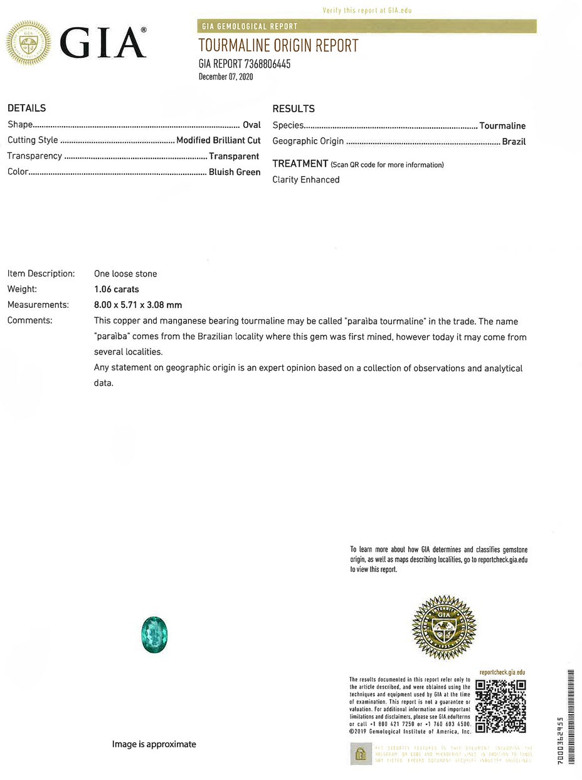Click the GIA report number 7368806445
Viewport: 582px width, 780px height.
[x=245, y=64]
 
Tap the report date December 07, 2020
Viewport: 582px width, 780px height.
[x=226, y=77]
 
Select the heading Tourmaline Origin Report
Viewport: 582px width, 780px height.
[x=278, y=46]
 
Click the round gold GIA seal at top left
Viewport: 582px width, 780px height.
[x=28, y=43]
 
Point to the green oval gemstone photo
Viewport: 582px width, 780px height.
[x=154, y=635]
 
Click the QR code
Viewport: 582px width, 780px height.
[x=500, y=706]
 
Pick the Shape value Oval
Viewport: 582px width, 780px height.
[x=251, y=125]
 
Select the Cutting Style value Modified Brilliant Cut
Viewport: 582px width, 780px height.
[x=218, y=140]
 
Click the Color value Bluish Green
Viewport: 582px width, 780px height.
[x=235, y=172]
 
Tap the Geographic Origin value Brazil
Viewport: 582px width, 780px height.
[x=514, y=142]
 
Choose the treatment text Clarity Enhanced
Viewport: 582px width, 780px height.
[x=306, y=180]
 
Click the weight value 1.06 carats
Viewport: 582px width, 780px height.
[x=117, y=290]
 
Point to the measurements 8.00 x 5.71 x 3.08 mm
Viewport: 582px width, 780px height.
[x=138, y=305]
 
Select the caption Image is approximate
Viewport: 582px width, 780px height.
[x=154, y=744]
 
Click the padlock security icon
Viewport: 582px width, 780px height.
[x=361, y=754]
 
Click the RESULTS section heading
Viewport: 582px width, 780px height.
[x=294, y=108]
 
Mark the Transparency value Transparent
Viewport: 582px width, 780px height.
[x=234, y=156]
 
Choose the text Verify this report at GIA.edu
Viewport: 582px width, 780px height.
[x=367, y=11]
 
